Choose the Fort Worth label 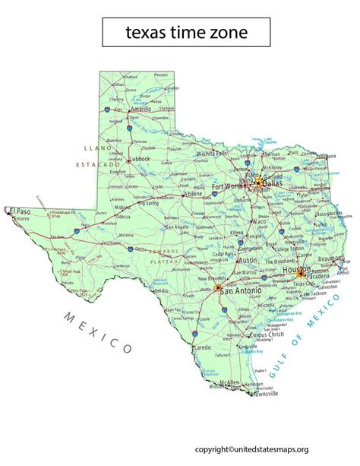click(x=229, y=185)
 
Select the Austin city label click(x=248, y=260)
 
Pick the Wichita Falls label click(x=211, y=153)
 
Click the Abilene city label click(x=193, y=194)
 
